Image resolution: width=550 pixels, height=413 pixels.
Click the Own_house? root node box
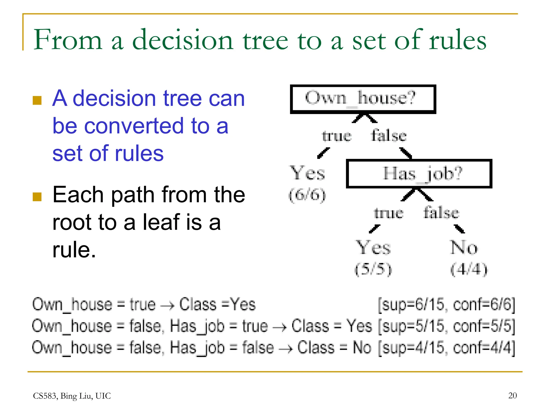coord(363,99)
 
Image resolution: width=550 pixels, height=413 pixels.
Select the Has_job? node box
coord(419,174)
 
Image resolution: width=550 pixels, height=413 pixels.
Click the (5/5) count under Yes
coord(373,269)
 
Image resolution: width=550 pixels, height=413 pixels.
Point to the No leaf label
coord(464,247)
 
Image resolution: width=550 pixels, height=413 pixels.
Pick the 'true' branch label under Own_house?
coord(337,136)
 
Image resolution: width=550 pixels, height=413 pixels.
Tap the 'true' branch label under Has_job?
coord(389,213)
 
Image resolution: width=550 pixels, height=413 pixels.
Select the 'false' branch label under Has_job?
coord(441,212)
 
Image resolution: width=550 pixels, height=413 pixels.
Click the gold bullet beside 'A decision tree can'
coord(37,100)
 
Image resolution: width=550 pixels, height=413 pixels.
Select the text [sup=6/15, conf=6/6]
coord(446,305)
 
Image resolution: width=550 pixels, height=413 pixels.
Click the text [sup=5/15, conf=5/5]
coord(446,326)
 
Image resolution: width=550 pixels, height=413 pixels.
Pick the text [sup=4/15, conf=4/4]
coord(446,348)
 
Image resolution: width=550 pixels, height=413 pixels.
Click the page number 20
coord(512,396)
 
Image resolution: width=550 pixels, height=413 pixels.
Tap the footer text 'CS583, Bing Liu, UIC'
coord(72,396)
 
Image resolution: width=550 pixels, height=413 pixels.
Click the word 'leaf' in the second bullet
coord(161,222)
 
